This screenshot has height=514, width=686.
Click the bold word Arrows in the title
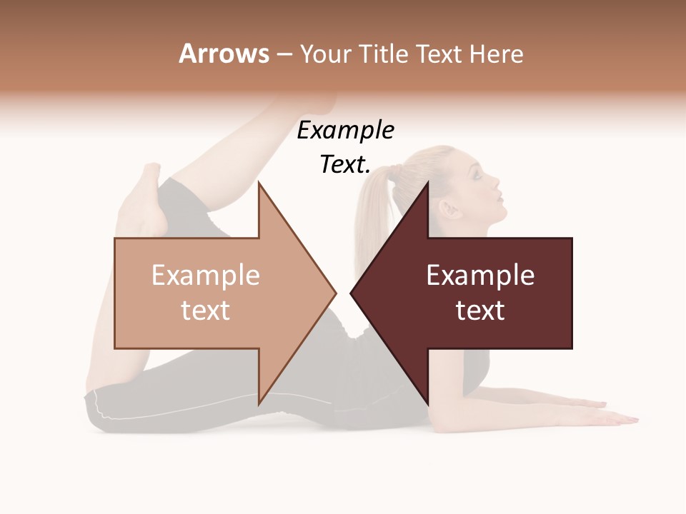224,54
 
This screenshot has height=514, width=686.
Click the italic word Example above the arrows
345,131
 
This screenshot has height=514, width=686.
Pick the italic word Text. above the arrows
345,165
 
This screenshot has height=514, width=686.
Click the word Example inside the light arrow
206,276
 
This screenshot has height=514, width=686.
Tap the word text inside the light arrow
206,311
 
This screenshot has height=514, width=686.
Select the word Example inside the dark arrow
480,276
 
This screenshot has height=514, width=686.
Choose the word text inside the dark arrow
480,311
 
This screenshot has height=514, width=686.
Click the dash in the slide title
284,54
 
